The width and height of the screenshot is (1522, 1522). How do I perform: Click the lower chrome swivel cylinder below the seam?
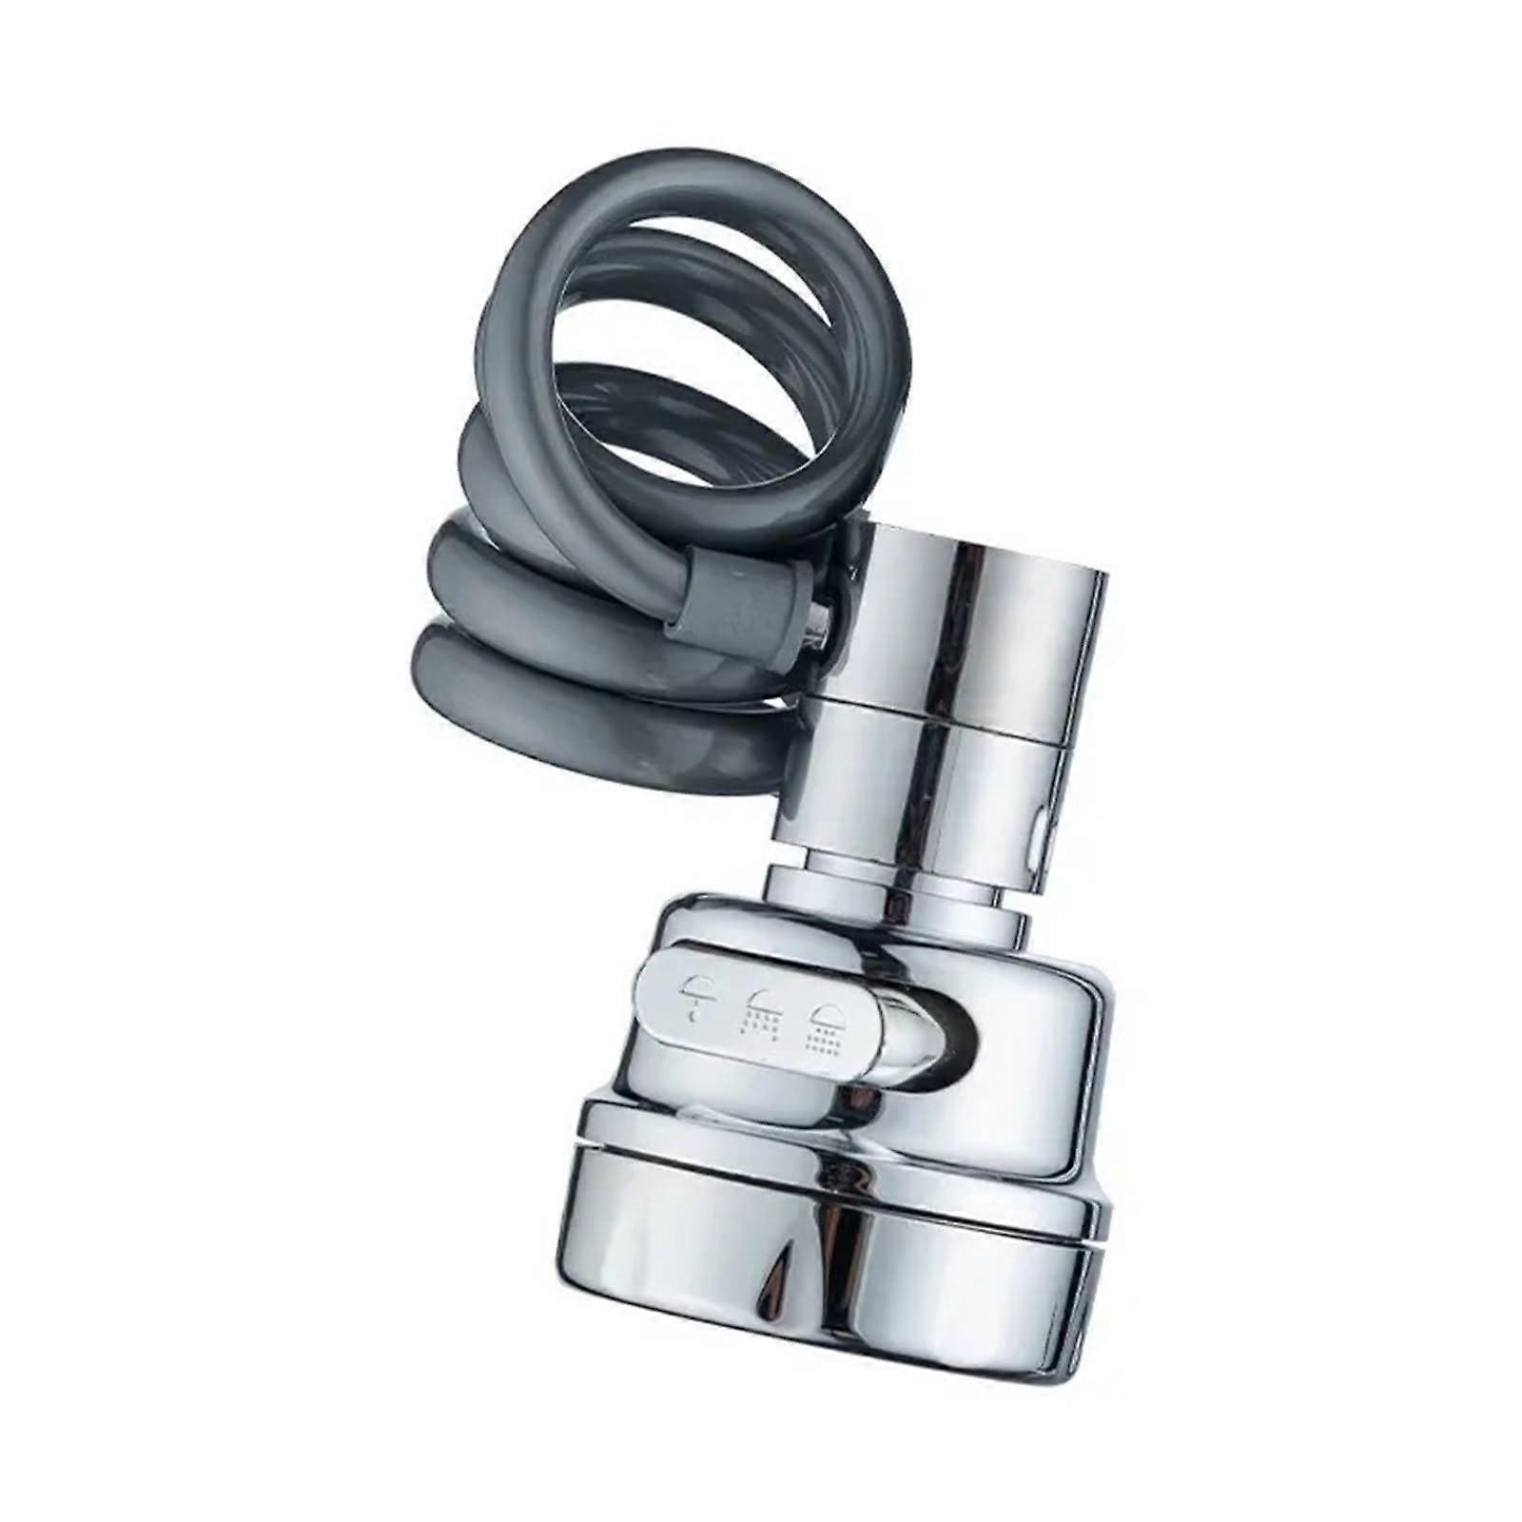pos(913,799)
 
